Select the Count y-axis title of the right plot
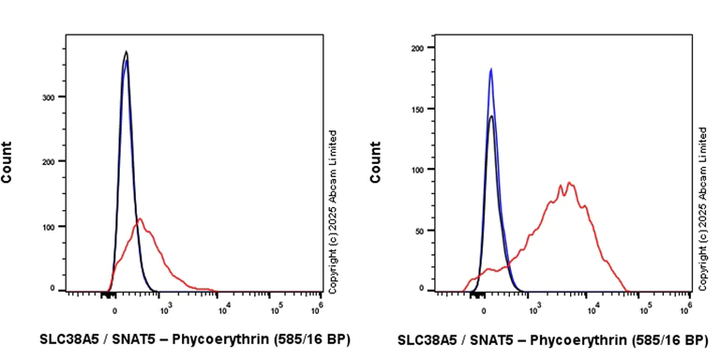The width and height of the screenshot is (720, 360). (x=376, y=161)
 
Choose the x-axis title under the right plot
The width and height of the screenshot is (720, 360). (x=553, y=338)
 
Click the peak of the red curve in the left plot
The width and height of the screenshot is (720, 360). (x=140, y=218)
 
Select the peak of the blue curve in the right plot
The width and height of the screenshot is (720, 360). (x=490, y=68)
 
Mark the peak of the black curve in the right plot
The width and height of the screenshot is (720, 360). (x=490, y=116)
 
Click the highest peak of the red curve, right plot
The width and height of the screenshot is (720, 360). (x=569, y=182)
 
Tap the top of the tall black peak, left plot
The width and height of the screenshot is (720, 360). (x=126, y=52)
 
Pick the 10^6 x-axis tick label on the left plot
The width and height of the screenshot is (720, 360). (x=318, y=306)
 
